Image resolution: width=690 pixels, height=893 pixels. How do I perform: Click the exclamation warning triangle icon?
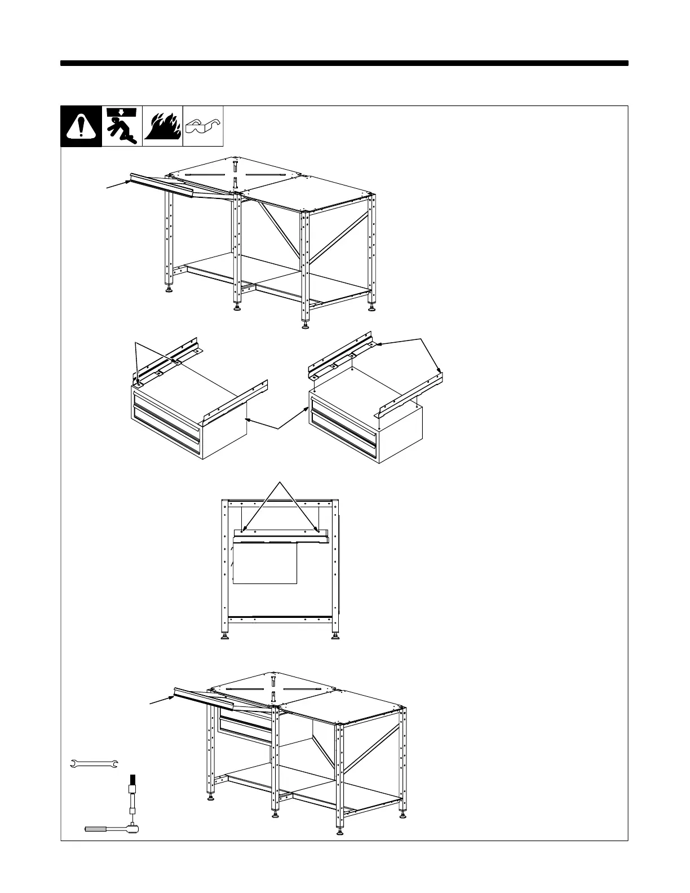[x=81, y=126]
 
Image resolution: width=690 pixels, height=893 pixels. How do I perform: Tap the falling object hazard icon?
[x=122, y=126]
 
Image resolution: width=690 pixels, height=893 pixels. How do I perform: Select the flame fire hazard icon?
[x=162, y=126]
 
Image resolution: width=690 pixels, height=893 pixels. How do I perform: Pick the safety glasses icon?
[x=203, y=126]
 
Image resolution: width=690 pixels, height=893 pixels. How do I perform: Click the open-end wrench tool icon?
[x=94, y=764]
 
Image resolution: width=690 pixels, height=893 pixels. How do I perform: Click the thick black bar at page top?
[x=344, y=63]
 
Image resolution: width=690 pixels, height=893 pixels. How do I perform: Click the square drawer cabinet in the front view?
[x=265, y=564]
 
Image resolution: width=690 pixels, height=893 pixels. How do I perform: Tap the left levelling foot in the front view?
[x=225, y=638]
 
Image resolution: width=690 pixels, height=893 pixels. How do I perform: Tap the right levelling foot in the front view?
[x=335, y=638]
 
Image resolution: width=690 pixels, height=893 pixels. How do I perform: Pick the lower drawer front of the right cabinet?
[x=344, y=437]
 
